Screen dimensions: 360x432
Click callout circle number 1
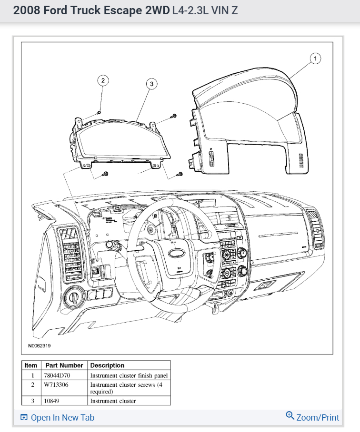coord(315,58)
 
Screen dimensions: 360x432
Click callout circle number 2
coord(103,80)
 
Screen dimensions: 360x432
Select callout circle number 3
coord(151,84)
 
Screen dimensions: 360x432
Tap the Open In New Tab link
coord(58,418)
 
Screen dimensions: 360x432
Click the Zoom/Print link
coord(312,417)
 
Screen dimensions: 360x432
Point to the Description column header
coord(107,365)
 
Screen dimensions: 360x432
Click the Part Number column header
coord(64,365)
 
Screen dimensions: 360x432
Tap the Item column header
coord(31,365)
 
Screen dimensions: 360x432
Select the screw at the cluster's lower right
coord(180,173)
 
